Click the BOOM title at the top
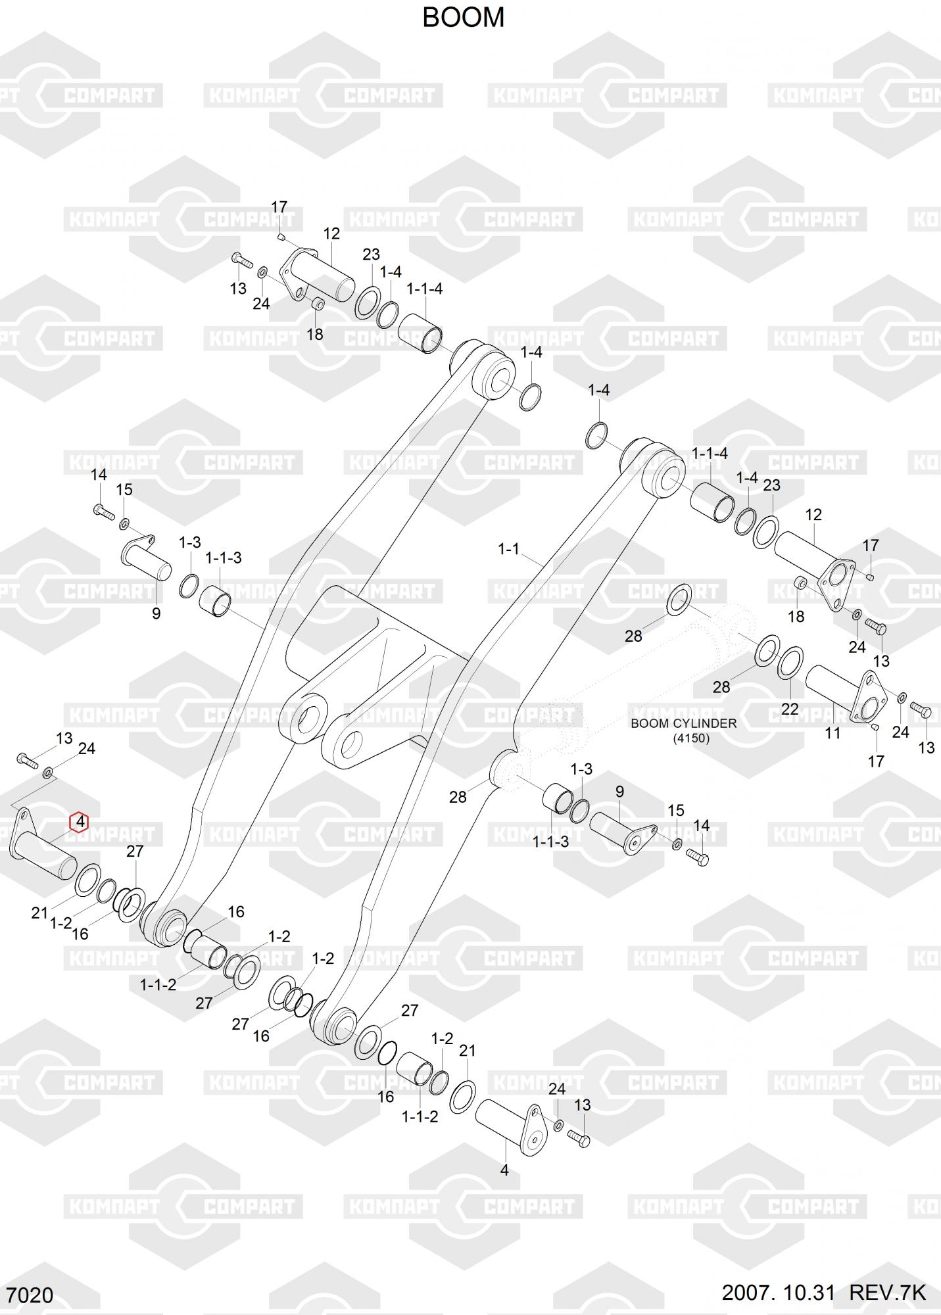pyautogui.click(x=463, y=18)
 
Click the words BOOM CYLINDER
pyautogui.click(x=683, y=723)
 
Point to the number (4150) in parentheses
pyautogui.click(x=691, y=738)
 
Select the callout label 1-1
pyautogui.click(x=508, y=549)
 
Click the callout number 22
pyautogui.click(x=789, y=709)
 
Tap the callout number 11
pyautogui.click(x=832, y=732)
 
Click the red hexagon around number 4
pyautogui.click(x=80, y=822)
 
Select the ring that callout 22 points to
pyautogui.click(x=790, y=664)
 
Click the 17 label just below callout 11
pyautogui.click(x=875, y=761)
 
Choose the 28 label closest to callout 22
pyautogui.click(x=721, y=687)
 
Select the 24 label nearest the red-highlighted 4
pyautogui.click(x=87, y=749)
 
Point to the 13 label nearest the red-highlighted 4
pyautogui.click(x=64, y=738)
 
